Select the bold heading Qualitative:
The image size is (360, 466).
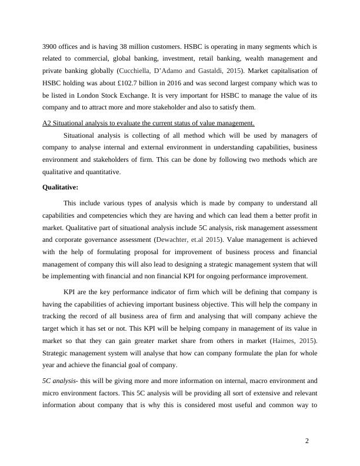62,188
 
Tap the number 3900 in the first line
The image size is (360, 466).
51,46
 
